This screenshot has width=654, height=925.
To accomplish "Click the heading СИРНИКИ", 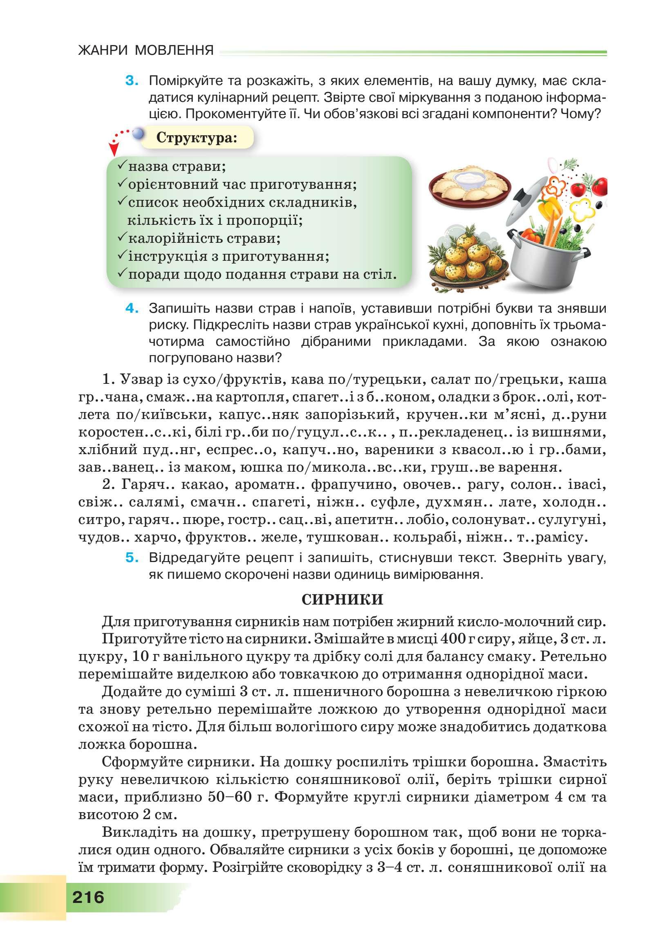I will point(342,600).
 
